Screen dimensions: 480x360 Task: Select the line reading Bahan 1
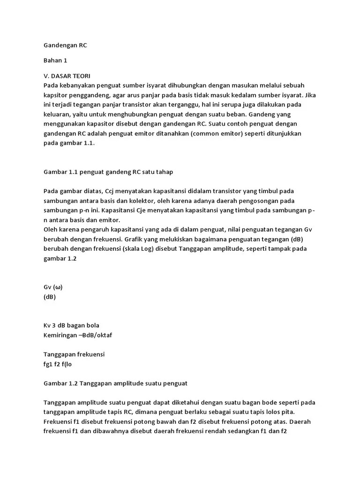tap(55, 60)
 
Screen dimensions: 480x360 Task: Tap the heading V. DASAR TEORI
tap(67, 75)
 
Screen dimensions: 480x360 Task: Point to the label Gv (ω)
tap(52, 287)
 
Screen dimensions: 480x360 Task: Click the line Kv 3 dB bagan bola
tap(71, 325)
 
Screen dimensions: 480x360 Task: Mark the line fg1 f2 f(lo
tap(58, 364)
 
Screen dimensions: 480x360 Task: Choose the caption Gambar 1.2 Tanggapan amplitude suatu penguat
tap(115, 383)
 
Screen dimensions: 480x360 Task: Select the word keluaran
tap(57, 114)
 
